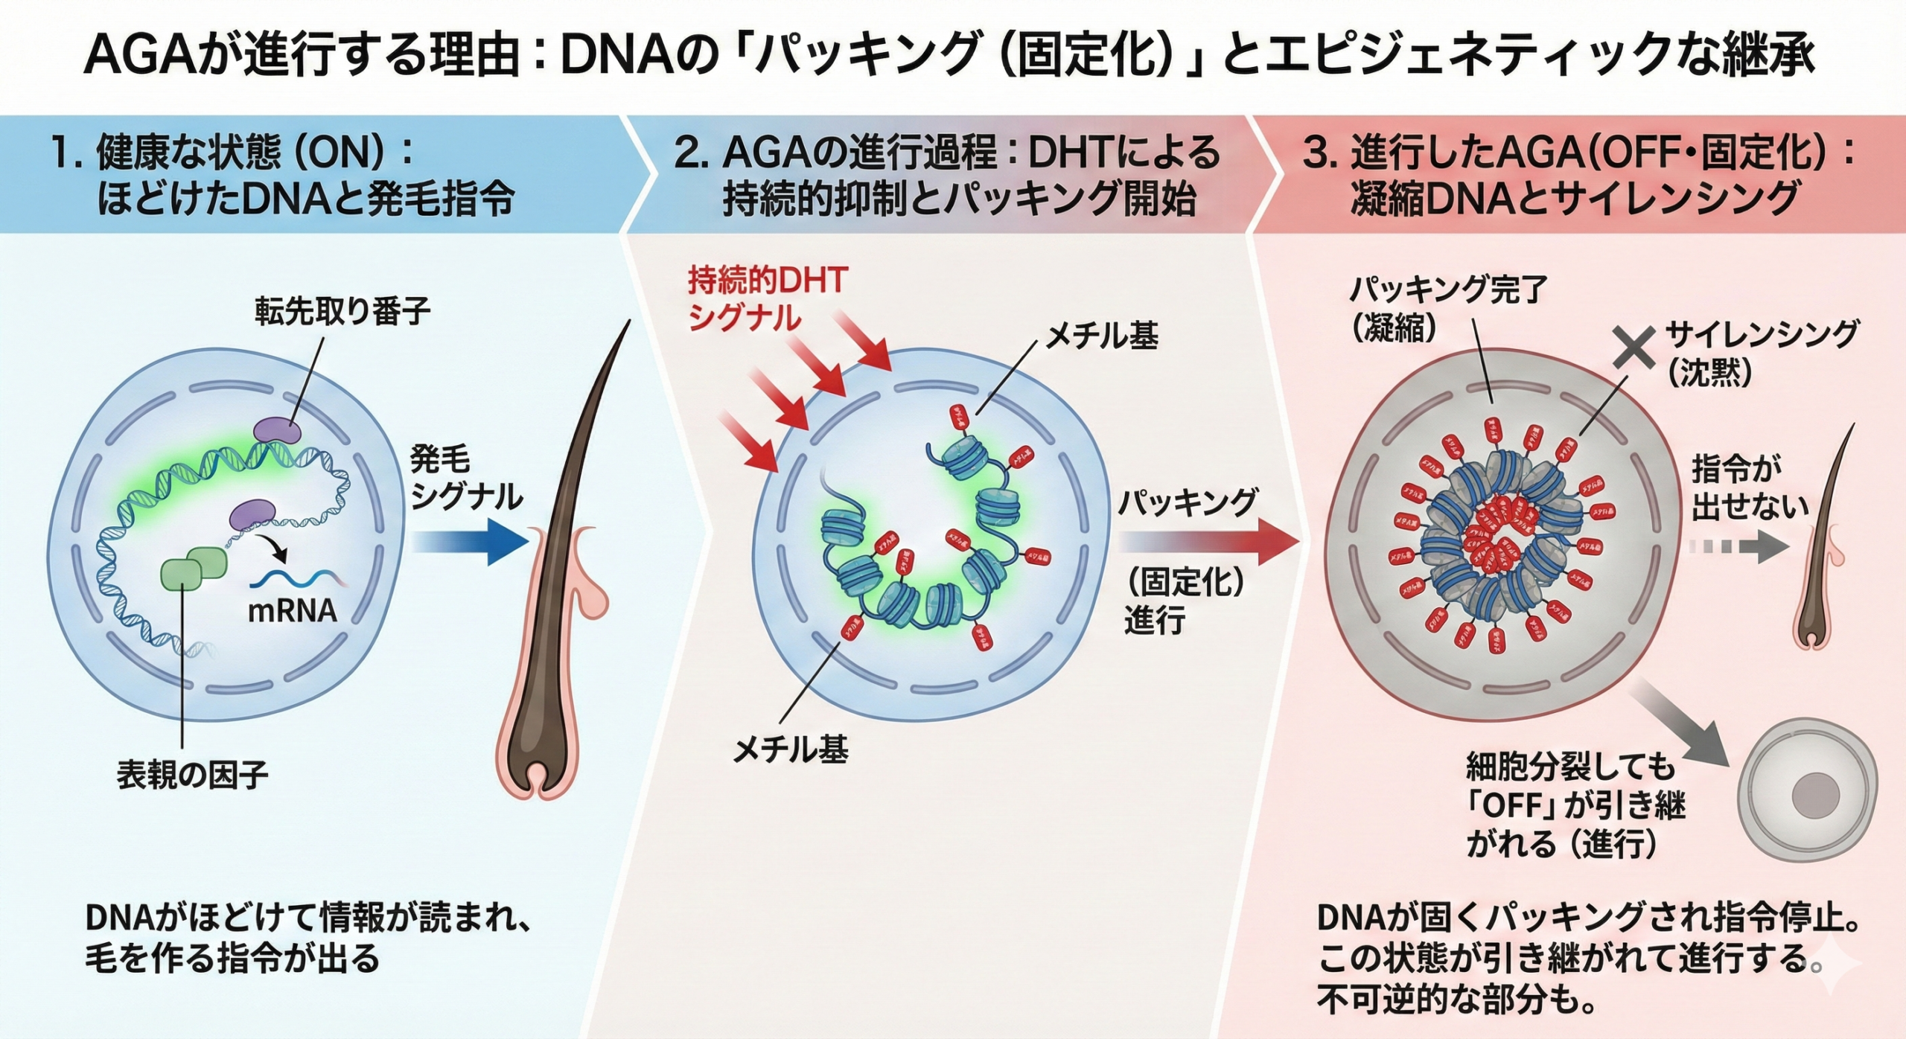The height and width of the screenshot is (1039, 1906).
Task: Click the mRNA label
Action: pyautogui.click(x=292, y=610)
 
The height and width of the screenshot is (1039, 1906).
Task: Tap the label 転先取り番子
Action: pyautogui.click(x=342, y=310)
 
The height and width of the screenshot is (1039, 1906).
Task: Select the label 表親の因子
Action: pyautogui.click(x=193, y=775)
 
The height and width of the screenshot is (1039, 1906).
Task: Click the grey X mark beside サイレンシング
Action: pyautogui.click(x=1634, y=348)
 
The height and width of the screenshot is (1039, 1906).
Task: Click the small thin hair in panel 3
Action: pyautogui.click(x=1822, y=543)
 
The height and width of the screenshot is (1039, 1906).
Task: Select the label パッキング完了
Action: pyautogui.click(x=1448, y=289)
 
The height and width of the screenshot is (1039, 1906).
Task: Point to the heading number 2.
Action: pyautogui.click(x=686, y=153)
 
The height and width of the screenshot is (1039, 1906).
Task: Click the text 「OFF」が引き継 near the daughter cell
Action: pyautogui.click(x=1575, y=805)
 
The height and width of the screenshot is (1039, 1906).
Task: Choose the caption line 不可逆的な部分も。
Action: pyautogui.click(x=1456, y=1000)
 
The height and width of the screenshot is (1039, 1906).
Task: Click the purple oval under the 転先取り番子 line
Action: pyautogui.click(x=278, y=431)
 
